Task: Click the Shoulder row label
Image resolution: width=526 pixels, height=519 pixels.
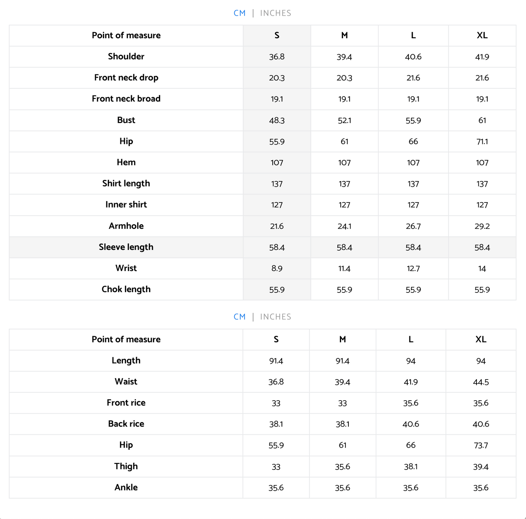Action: click(126, 56)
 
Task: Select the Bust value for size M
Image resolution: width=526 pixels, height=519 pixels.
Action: click(344, 120)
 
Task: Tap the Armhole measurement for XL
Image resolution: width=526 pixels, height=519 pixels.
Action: click(482, 226)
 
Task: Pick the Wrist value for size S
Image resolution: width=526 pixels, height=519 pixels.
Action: click(277, 268)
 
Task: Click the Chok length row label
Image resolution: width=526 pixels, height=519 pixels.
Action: click(126, 289)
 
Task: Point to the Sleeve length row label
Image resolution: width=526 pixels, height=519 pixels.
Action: click(126, 247)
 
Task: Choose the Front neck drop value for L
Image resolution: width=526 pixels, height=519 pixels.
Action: click(413, 78)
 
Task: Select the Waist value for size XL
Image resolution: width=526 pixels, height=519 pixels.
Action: click(481, 382)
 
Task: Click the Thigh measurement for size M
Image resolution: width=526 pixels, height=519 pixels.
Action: click(343, 467)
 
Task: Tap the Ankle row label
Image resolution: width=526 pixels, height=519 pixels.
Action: click(126, 487)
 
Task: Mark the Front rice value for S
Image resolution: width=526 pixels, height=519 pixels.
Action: click(276, 403)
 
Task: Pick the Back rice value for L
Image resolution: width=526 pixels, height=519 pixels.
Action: click(411, 424)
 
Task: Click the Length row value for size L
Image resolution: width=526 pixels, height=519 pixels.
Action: click(411, 361)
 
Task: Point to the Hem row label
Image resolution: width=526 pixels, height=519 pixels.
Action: click(126, 162)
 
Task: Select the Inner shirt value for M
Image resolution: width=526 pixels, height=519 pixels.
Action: click(344, 205)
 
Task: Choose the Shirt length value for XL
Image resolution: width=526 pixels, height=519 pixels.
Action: click(482, 184)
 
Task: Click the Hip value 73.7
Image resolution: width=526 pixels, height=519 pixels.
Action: click(481, 445)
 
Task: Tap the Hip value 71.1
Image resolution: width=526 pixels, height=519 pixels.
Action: click(482, 141)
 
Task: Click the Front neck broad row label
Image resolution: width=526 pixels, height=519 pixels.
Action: click(126, 99)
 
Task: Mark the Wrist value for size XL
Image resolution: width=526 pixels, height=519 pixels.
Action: click(482, 268)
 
